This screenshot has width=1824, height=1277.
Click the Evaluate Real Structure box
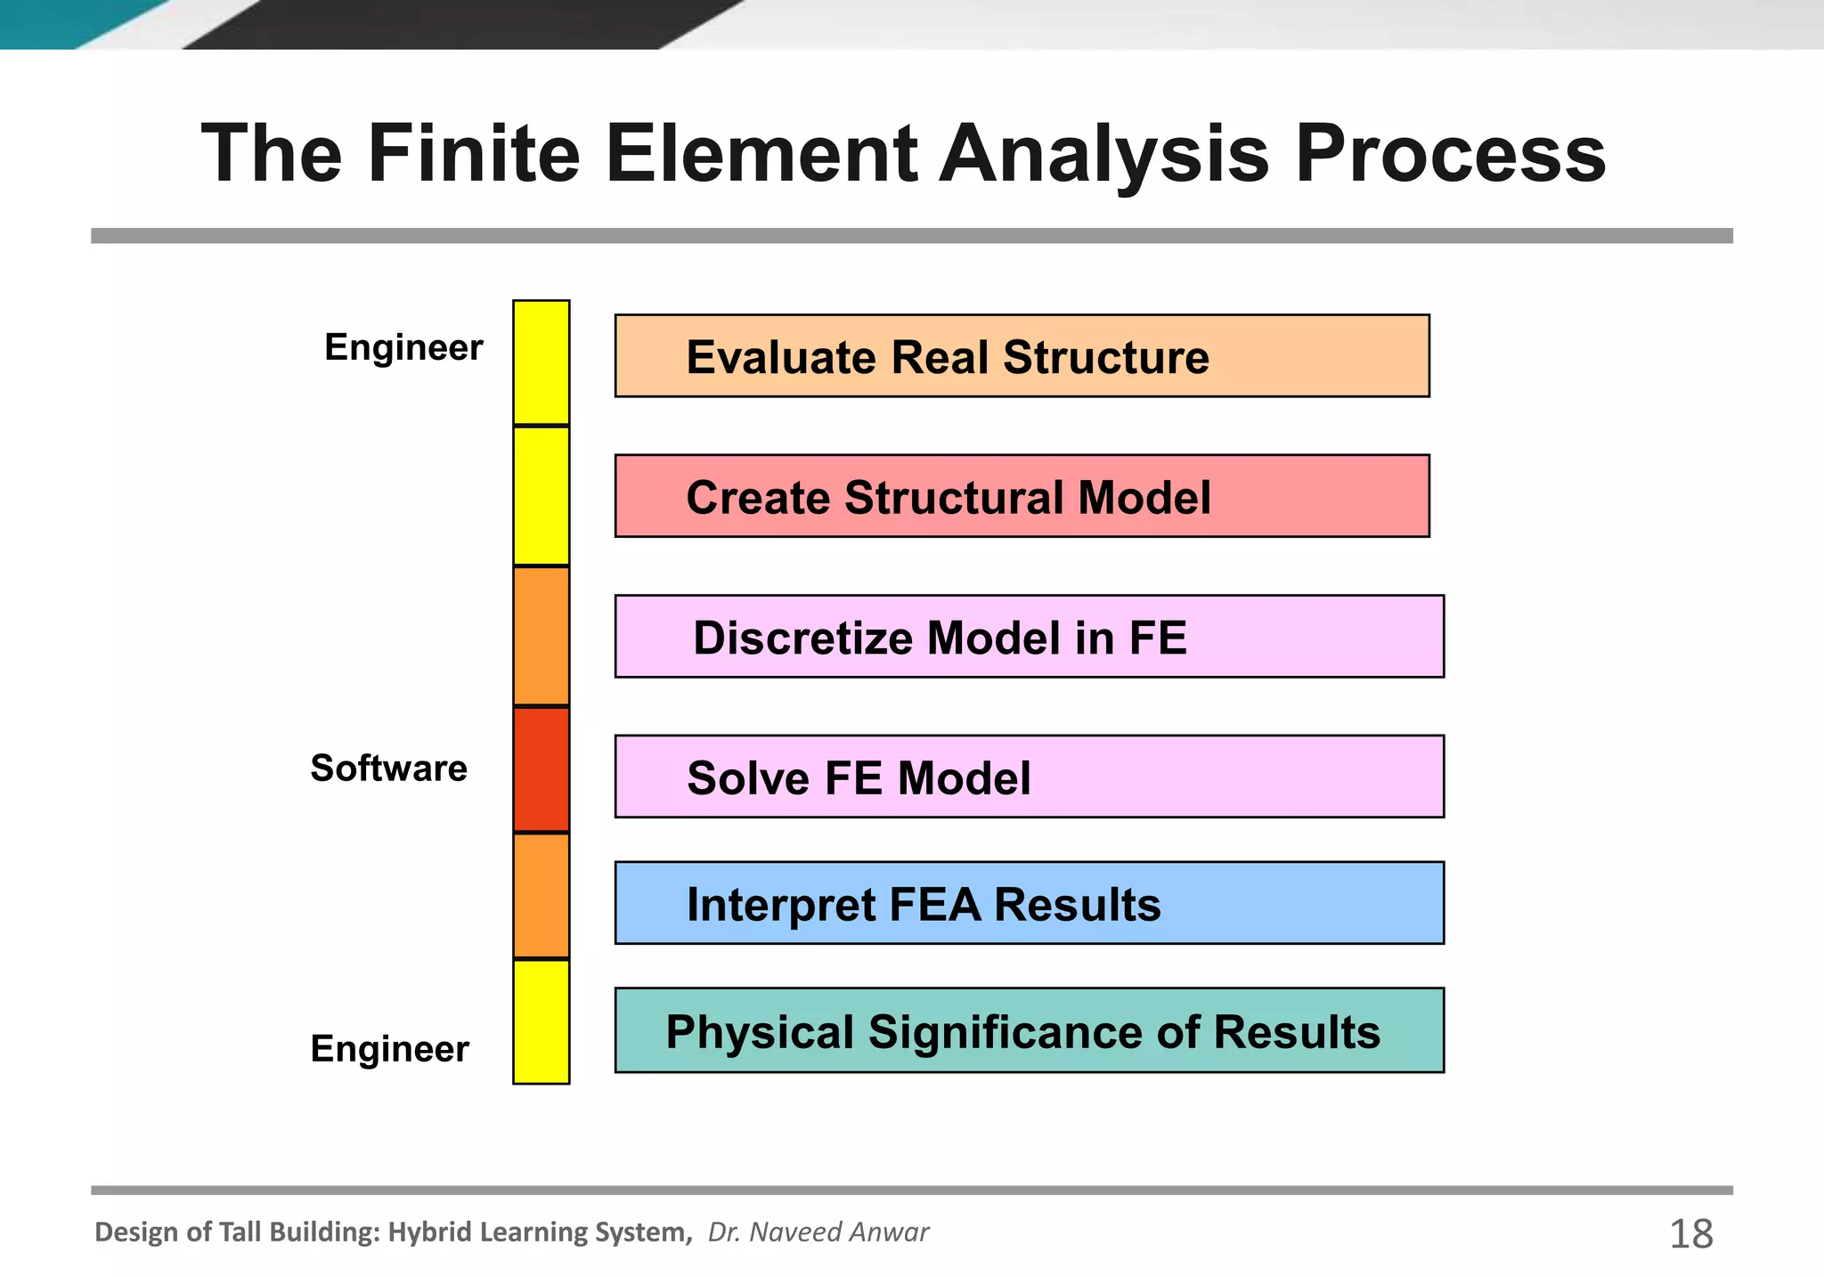(x=1022, y=355)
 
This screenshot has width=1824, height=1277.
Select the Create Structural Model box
(x=1022, y=496)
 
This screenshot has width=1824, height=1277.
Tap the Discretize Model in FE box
(x=1029, y=637)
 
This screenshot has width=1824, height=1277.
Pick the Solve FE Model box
(x=1029, y=777)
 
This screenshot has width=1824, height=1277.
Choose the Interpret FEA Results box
(x=1029, y=903)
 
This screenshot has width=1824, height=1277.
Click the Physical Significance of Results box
(x=1029, y=1030)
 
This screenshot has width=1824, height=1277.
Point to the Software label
(x=388, y=768)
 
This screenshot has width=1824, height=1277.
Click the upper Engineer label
(x=403, y=346)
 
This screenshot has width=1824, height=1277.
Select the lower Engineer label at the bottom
(x=389, y=1048)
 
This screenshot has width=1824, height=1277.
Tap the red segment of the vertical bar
(x=541, y=770)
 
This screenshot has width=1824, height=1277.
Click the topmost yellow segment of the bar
(x=541, y=362)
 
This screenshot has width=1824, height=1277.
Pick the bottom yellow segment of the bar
(x=541, y=1021)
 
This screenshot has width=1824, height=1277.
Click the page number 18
(x=1690, y=1234)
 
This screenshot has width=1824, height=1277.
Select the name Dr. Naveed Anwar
(x=818, y=1232)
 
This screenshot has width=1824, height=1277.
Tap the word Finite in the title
(x=474, y=153)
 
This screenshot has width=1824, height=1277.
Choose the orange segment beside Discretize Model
(x=541, y=636)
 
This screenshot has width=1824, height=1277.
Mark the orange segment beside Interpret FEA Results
(x=541, y=896)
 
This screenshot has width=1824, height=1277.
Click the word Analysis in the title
(x=1104, y=153)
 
